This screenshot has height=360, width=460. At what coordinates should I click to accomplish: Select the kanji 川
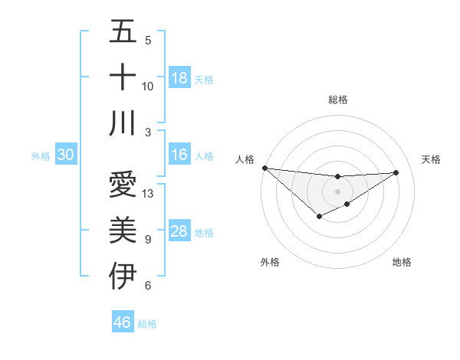click(123, 123)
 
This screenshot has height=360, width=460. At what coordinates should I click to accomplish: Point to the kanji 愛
click(123, 185)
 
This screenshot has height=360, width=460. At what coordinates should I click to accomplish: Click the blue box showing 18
click(179, 78)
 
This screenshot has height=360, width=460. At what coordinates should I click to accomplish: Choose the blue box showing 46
click(123, 322)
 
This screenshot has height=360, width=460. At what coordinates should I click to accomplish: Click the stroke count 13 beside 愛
click(149, 194)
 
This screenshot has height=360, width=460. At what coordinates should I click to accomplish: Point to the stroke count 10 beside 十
click(148, 87)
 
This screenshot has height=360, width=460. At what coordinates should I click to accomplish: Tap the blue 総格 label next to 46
click(147, 324)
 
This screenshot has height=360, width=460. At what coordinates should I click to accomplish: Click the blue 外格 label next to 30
click(41, 156)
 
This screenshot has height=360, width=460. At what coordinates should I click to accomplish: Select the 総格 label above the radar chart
click(337, 100)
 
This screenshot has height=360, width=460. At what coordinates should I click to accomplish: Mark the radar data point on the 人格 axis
click(264, 168)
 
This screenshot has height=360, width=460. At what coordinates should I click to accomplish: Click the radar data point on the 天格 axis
click(396, 172)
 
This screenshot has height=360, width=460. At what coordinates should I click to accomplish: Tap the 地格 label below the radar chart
click(402, 262)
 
